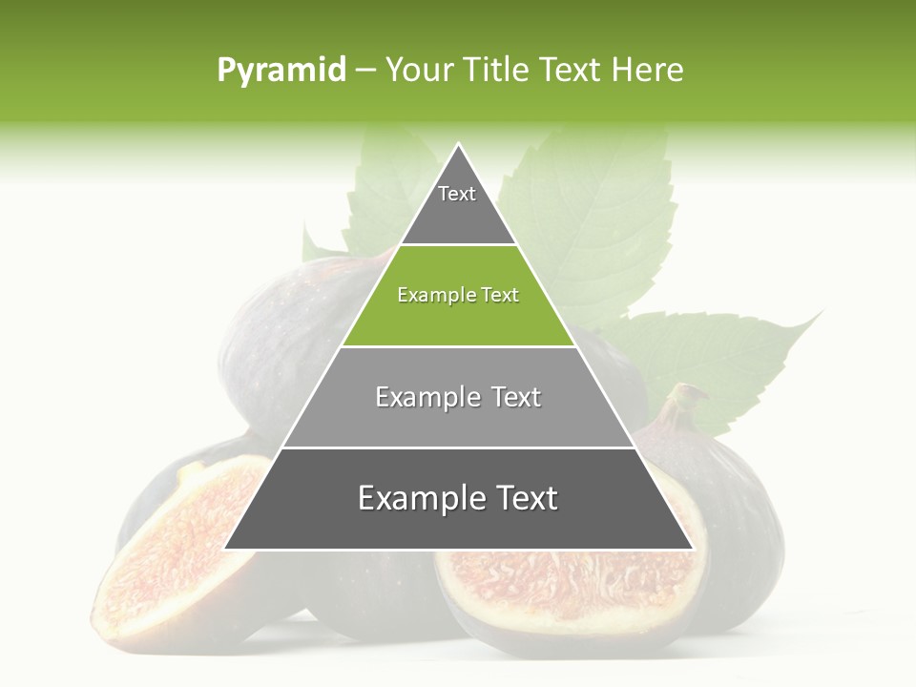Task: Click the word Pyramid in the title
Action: [x=281, y=71]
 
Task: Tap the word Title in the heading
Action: [x=500, y=71]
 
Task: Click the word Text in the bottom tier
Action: [x=521, y=498]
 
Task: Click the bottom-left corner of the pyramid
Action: [x=225, y=549]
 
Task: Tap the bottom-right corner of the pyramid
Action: [x=692, y=549]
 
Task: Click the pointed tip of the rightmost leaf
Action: [x=821, y=312]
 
